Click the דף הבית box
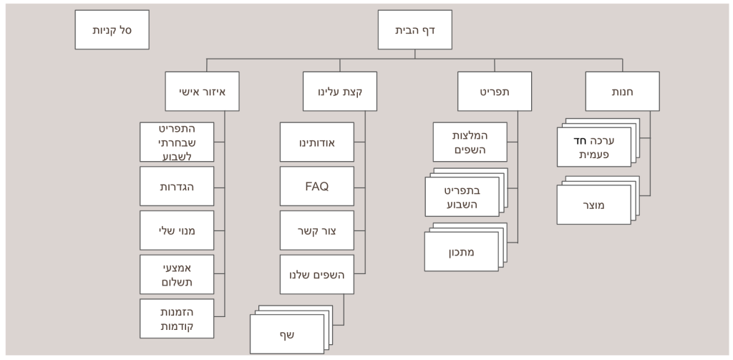(x=414, y=30)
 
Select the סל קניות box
(x=112, y=30)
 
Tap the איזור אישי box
(x=201, y=92)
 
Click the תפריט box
(x=495, y=92)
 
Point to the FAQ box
(x=317, y=186)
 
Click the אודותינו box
(x=317, y=142)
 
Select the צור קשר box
(x=317, y=230)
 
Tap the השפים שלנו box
(x=317, y=274)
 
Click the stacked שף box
(x=286, y=334)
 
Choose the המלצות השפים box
(x=470, y=142)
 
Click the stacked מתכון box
(x=462, y=251)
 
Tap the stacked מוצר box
(x=593, y=204)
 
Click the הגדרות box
(x=178, y=186)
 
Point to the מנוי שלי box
(x=178, y=230)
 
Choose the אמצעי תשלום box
(x=178, y=274)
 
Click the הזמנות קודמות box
(x=178, y=318)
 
